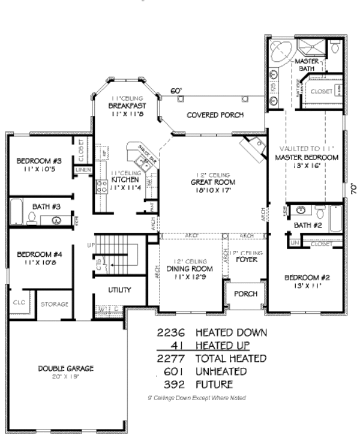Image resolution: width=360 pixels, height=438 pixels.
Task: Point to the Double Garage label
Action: coord(67,368)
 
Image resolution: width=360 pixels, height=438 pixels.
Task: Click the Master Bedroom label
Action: coord(307,157)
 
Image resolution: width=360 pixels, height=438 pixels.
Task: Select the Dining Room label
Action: coord(184,269)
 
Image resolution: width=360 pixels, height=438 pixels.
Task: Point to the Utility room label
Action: coord(119,290)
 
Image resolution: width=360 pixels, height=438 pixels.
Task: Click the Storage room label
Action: coord(54,304)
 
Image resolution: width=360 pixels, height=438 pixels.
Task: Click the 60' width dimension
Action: coord(176,91)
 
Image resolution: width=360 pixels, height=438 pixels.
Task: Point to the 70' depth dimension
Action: coord(353,188)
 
